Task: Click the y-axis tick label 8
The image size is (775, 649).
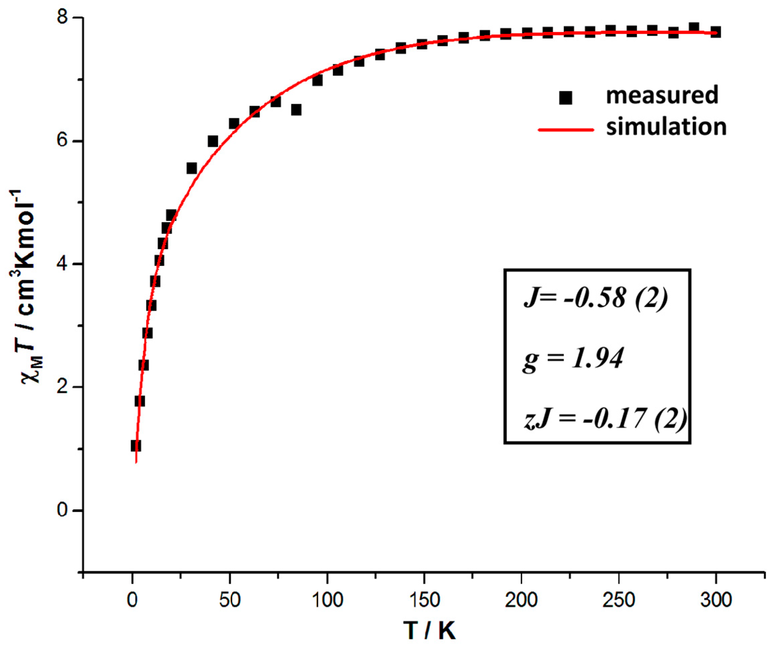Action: pyautogui.click(x=63, y=17)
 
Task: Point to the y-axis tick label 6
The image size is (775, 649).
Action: pyautogui.click(x=63, y=141)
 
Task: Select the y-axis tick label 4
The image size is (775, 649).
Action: pyautogui.click(x=63, y=264)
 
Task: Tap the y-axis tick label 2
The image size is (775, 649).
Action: pyautogui.click(x=63, y=387)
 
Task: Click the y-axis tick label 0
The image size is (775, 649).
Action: pyautogui.click(x=63, y=511)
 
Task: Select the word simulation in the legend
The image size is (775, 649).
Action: pyautogui.click(x=666, y=127)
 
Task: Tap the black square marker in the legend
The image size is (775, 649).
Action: pyautogui.click(x=565, y=98)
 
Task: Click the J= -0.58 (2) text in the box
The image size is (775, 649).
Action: pyautogui.click(x=596, y=297)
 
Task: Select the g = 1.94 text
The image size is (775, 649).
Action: pyautogui.click(x=573, y=358)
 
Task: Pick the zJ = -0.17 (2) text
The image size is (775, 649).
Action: pyautogui.click(x=605, y=419)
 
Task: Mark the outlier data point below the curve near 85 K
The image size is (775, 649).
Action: pyautogui.click(x=296, y=110)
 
